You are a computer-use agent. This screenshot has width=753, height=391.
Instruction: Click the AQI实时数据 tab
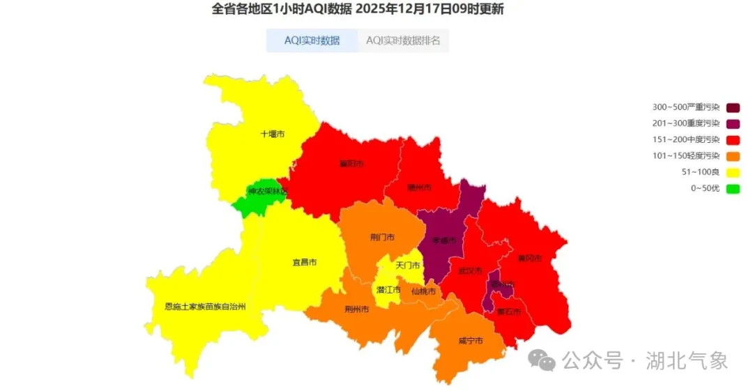(312, 40)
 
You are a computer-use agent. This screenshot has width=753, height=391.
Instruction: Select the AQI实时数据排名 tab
(403, 40)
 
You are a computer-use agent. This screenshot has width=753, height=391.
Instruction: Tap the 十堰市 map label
(272, 134)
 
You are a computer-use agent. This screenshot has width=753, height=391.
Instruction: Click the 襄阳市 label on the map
(351, 164)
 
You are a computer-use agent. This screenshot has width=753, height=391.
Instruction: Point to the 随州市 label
(419, 187)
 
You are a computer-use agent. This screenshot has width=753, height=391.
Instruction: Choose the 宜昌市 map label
(304, 263)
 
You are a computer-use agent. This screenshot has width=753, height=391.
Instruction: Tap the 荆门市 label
(382, 237)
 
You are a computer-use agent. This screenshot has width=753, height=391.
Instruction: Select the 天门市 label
(408, 266)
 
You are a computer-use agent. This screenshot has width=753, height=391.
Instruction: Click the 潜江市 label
(388, 290)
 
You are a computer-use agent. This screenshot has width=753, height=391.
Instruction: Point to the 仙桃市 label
(423, 291)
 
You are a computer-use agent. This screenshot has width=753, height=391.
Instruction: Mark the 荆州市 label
(356, 309)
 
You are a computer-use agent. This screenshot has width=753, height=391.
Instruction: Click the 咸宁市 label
(471, 341)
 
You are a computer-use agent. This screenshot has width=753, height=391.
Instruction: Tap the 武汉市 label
(470, 270)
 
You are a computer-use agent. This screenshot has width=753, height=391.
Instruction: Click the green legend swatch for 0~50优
(733, 188)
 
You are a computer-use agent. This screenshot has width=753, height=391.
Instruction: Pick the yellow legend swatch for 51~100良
(733, 172)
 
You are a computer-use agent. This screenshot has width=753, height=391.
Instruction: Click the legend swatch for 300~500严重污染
(733, 107)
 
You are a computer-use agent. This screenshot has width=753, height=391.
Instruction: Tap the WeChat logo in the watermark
(542, 360)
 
